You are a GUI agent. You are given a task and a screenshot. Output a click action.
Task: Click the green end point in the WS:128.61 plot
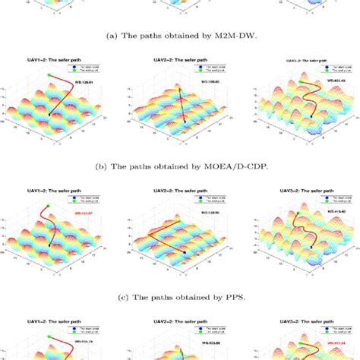49,74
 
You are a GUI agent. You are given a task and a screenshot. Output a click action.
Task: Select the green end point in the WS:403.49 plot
301,81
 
